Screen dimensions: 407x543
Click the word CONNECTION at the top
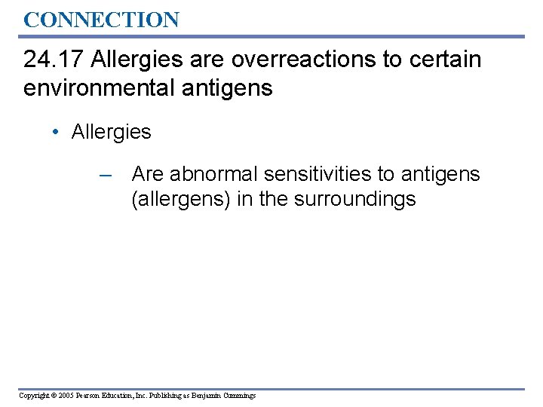coord(101,19)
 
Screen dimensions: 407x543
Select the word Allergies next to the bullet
coord(111,132)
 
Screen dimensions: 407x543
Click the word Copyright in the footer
coord(34,395)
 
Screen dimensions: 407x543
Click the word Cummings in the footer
coord(238,395)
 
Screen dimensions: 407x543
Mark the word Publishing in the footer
coord(164,395)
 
